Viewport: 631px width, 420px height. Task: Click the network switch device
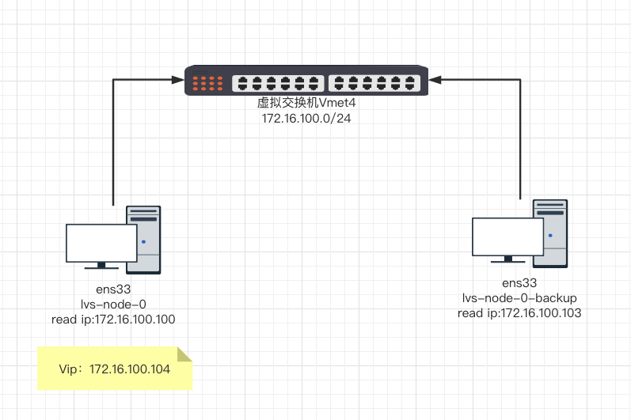(x=306, y=81)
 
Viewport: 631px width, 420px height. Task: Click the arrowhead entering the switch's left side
(x=177, y=79)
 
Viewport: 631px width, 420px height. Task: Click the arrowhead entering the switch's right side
(x=435, y=78)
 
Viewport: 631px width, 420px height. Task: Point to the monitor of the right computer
(x=507, y=237)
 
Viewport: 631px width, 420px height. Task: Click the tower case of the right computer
(x=552, y=232)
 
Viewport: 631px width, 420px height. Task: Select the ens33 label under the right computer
(x=519, y=283)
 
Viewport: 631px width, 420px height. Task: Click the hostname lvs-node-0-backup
(x=519, y=298)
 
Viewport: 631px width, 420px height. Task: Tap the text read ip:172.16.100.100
(x=113, y=319)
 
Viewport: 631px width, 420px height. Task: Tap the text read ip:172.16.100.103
(x=519, y=313)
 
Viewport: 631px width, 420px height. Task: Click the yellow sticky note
(x=115, y=369)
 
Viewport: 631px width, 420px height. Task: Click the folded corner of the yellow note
(x=184, y=354)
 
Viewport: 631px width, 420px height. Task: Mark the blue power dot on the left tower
(x=143, y=241)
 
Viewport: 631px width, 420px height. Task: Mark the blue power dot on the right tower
(x=549, y=235)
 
